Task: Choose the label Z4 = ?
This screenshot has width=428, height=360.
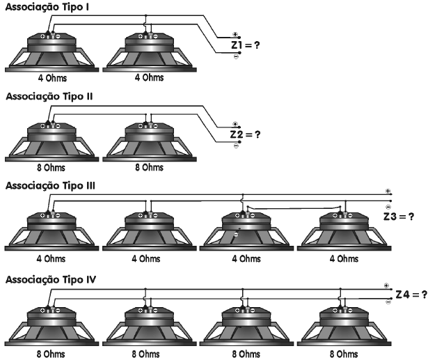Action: tap(410, 296)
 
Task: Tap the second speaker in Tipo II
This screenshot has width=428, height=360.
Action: tap(148, 143)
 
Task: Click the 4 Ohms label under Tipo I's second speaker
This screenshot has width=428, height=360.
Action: tap(148, 78)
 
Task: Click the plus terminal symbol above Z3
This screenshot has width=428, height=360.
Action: tap(388, 191)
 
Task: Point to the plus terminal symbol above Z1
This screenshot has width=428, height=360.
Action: tap(236, 34)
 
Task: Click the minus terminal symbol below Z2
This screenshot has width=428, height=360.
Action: tap(236, 146)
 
